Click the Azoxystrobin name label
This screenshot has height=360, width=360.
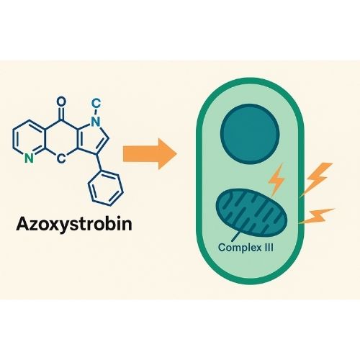pyautogui.click(x=74, y=225)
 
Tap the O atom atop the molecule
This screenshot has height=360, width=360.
pyautogui.click(x=61, y=102)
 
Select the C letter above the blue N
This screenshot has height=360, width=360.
pyautogui.click(x=96, y=104)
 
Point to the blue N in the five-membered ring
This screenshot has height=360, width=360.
pyautogui.click(x=96, y=122)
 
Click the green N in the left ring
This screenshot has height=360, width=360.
pyautogui.click(x=29, y=158)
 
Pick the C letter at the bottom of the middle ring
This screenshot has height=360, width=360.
pyautogui.click(x=61, y=158)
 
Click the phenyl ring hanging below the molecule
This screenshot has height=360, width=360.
pyautogui.click(x=106, y=188)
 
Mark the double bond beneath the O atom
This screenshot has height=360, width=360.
pyautogui.click(x=61, y=114)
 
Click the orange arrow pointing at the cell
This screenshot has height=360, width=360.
pyautogui.click(x=150, y=154)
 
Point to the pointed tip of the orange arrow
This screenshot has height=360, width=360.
pyautogui.click(x=176, y=154)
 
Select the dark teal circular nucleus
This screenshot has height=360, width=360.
pyautogui.click(x=250, y=134)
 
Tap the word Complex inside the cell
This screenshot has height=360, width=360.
pyautogui.click(x=237, y=248)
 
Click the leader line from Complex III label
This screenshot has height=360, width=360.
pyautogui.click(x=236, y=236)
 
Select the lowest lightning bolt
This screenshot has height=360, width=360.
pyautogui.click(x=316, y=217)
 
